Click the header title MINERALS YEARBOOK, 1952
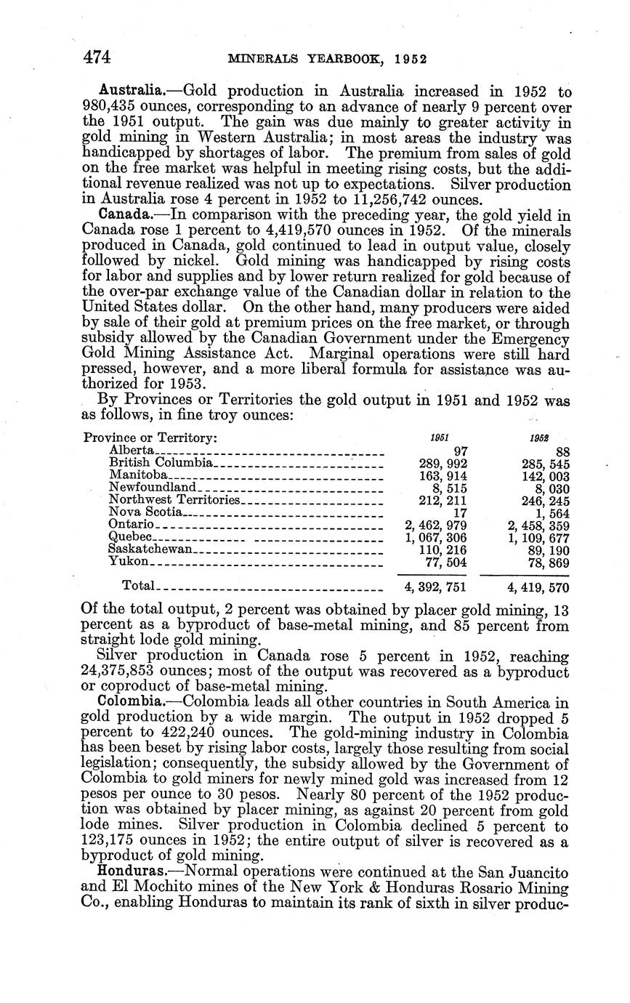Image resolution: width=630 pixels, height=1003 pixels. (327, 59)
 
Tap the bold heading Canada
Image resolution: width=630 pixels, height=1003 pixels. (124, 214)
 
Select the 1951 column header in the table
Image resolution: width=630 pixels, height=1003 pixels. (439, 438)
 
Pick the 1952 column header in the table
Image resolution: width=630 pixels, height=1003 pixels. (539, 438)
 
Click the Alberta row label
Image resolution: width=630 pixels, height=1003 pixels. (131, 451)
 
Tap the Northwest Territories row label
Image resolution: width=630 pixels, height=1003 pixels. (174, 500)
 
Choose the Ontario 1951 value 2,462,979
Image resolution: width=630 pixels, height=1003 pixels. (435, 525)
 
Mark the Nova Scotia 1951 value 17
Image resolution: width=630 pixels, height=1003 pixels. (459, 512)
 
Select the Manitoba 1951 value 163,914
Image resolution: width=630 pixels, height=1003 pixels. (443, 475)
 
